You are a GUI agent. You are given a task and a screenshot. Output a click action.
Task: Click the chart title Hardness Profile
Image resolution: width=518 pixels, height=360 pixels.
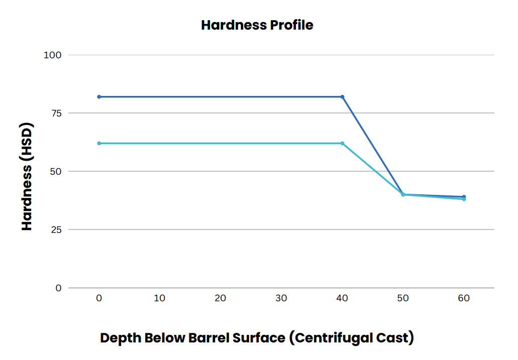pyautogui.click(x=257, y=25)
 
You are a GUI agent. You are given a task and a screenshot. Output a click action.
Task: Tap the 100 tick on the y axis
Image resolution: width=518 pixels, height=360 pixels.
pyautogui.click(x=52, y=55)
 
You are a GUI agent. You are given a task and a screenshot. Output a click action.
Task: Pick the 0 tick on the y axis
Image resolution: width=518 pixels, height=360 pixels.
pyautogui.click(x=58, y=288)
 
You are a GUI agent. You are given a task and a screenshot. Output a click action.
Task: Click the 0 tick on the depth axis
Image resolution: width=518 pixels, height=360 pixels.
pyautogui.click(x=99, y=298)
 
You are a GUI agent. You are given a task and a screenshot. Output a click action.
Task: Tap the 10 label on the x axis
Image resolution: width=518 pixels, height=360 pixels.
pyautogui.click(x=159, y=298)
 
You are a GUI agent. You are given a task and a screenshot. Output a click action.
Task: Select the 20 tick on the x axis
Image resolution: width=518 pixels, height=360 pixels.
pyautogui.click(x=220, y=298)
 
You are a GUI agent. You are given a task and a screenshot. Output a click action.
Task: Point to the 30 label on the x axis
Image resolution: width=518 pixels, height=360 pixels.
pyautogui.click(x=281, y=298)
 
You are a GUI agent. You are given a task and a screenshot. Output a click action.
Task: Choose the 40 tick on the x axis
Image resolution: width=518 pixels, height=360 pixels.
pyautogui.click(x=342, y=298)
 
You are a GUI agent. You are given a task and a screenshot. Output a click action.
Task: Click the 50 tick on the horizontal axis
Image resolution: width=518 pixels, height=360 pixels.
pyautogui.click(x=403, y=298)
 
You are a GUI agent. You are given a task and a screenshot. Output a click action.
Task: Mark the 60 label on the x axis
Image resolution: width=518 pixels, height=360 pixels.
pyautogui.click(x=464, y=298)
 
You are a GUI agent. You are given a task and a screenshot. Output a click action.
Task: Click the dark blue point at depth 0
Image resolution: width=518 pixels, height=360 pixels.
pyautogui.click(x=99, y=96)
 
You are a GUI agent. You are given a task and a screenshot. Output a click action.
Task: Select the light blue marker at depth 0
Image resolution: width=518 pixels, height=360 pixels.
pyautogui.click(x=99, y=143)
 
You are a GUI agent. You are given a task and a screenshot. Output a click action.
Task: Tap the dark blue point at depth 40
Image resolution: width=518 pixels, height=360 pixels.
pyautogui.click(x=342, y=96)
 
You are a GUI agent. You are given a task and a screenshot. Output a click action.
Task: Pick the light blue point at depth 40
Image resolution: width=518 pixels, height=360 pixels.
pyautogui.click(x=342, y=143)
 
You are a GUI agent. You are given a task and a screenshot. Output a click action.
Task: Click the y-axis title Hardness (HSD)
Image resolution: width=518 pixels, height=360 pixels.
pyautogui.click(x=27, y=177)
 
